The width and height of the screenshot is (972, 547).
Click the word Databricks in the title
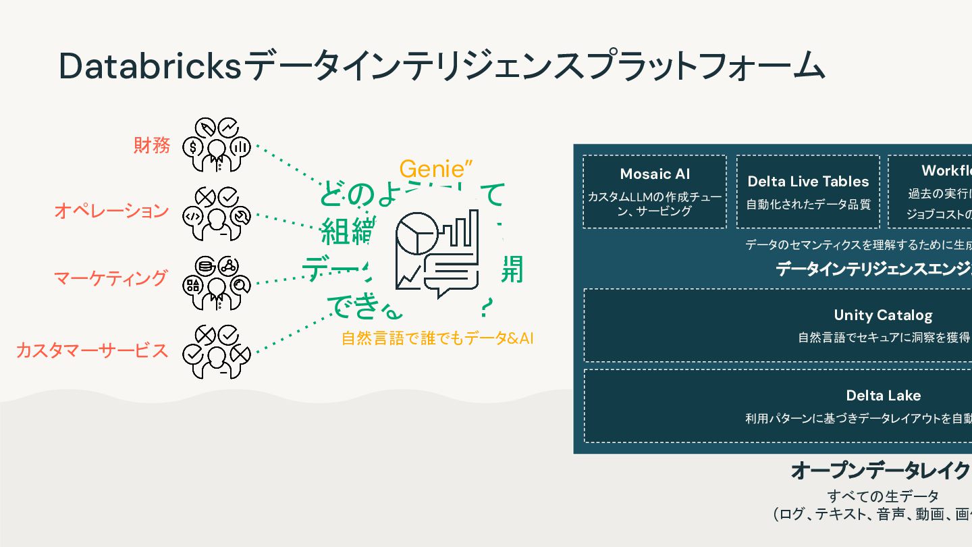point(149,66)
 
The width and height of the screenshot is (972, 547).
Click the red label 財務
point(151,145)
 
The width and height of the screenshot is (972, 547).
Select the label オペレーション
point(111,211)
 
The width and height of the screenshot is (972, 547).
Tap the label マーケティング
point(111,278)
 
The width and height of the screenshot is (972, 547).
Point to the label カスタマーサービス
point(92,350)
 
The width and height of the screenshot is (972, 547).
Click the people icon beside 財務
point(216,145)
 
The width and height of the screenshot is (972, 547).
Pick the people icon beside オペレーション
point(216,213)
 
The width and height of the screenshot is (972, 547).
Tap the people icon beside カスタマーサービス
point(216,352)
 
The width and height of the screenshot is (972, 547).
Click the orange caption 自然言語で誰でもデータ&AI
point(437,338)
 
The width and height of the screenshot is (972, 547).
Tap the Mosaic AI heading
point(655,174)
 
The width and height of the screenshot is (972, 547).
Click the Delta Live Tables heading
point(808,181)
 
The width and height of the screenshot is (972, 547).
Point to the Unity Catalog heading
point(883,315)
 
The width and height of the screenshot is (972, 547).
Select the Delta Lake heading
point(883,396)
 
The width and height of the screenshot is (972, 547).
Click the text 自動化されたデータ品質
point(808,204)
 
